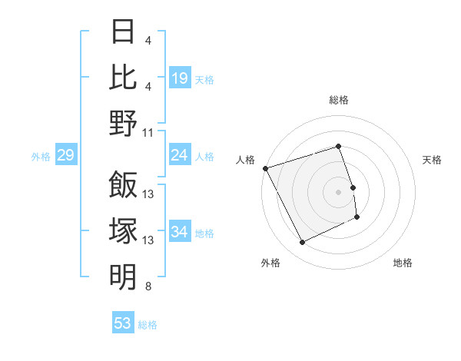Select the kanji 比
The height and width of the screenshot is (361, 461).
[123, 78]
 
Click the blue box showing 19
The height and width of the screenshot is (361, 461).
[180, 78]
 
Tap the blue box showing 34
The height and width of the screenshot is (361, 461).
[180, 232]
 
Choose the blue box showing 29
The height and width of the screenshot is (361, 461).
[65, 156]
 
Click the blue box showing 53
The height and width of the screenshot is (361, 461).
[123, 323]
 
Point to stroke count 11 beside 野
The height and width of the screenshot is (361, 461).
[149, 132]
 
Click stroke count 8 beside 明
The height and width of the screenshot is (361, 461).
[148, 287]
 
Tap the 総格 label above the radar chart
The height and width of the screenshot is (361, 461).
[339, 100]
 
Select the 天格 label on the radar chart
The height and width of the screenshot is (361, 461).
[433, 160]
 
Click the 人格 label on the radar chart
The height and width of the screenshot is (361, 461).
[245, 160]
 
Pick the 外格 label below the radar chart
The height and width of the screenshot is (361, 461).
[270, 263]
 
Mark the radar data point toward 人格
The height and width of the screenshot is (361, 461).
[265, 167]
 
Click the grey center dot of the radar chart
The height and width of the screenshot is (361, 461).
[339, 191]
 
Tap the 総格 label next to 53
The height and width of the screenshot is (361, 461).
[148, 325]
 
